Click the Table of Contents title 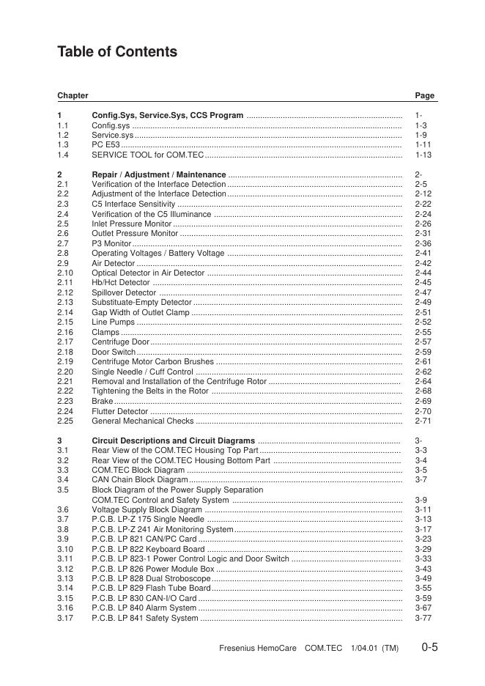pyautogui.click(x=117, y=52)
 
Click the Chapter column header pyautogui.click(x=73, y=95)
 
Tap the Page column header pyautogui.click(x=424, y=95)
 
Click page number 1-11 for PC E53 pyautogui.click(x=423, y=145)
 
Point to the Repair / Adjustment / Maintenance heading pyautogui.click(x=158, y=174)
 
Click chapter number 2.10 pyautogui.click(x=64, y=273)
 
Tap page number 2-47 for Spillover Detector pyautogui.click(x=423, y=292)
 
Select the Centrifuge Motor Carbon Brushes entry pyautogui.click(x=152, y=361)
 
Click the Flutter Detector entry pyautogui.click(x=119, y=411)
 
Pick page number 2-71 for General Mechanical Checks pyautogui.click(x=423, y=421)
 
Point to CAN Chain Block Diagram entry pyautogui.click(x=140, y=480)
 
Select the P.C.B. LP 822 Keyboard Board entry pyautogui.click(x=148, y=549)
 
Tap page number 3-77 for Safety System pyautogui.click(x=423, y=618)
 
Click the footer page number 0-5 pyautogui.click(x=429, y=647)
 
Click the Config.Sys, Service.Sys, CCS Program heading pyautogui.click(x=167, y=116)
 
